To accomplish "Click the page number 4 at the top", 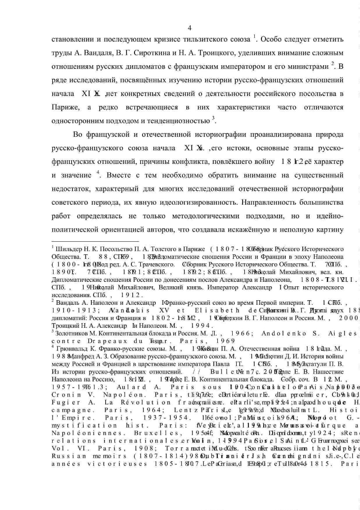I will tap(189, 28).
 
